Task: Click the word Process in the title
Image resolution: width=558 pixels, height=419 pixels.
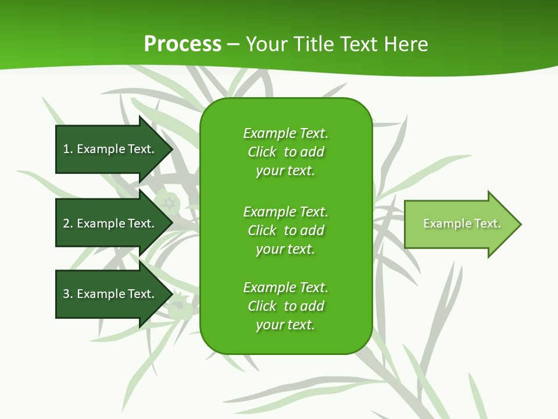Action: [183, 44]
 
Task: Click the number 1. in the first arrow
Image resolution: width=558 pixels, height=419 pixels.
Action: [67, 149]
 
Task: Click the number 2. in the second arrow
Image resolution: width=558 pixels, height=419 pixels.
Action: [67, 223]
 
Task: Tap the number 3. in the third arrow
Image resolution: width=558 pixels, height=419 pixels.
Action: [67, 294]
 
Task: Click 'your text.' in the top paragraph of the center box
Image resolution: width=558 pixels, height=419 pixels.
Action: [285, 171]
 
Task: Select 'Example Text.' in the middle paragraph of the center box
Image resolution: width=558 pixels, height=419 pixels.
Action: [285, 212]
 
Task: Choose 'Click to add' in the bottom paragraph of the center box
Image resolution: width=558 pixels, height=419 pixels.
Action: [285, 306]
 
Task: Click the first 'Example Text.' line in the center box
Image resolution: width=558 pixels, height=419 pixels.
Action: [285, 133]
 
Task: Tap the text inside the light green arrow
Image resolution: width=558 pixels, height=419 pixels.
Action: [462, 223]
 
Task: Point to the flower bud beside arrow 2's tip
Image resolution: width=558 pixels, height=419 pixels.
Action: [170, 203]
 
